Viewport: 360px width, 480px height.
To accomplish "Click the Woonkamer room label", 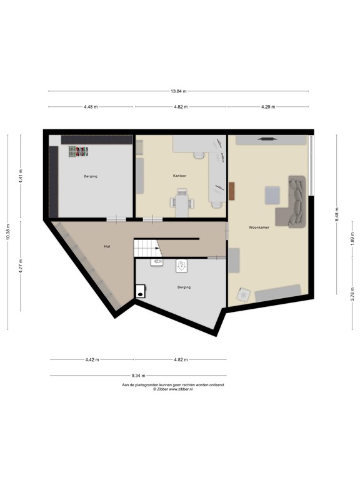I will (x=258, y=227).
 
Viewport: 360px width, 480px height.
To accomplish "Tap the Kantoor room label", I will (x=180, y=176).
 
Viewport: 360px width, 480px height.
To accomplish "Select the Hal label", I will (x=107, y=247).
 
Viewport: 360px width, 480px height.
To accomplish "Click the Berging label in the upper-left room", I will (x=91, y=176).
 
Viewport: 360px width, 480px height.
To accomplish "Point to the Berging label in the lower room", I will (x=184, y=287).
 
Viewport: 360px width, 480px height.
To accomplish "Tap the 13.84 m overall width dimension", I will (x=179, y=91).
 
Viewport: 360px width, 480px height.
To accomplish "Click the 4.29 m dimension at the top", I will (x=267, y=107).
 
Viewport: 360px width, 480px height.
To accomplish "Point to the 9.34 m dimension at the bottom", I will (x=138, y=376).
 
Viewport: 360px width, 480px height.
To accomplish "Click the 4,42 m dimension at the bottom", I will (x=91, y=360).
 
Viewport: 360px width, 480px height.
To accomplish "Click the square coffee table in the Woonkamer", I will (x=272, y=196).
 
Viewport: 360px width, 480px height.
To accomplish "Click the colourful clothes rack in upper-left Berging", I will (x=78, y=151).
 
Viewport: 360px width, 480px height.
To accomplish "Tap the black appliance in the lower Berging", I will (x=141, y=291).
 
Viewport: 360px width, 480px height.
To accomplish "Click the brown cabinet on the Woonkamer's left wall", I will (x=231, y=191).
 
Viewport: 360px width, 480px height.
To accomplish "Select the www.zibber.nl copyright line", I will (x=173, y=389).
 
